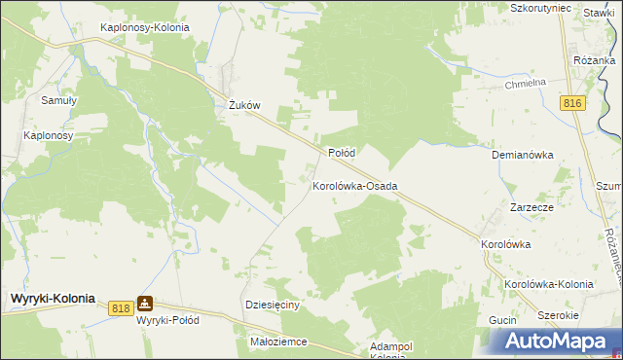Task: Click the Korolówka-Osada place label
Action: point(354,185)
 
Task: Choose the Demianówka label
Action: point(523,155)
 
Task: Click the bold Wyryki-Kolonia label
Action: point(54,300)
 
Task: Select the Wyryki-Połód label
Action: point(169,320)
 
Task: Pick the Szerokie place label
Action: point(559,316)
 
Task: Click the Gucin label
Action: point(502,320)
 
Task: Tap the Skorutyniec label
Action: point(539,8)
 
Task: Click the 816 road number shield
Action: point(572,104)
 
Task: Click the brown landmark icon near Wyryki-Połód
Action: point(145,304)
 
